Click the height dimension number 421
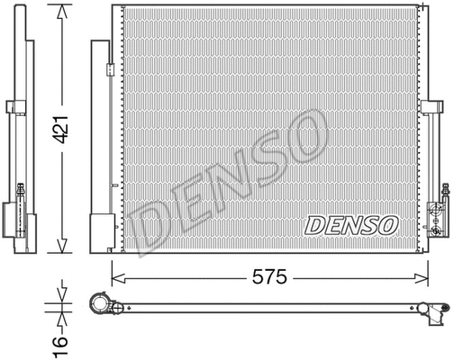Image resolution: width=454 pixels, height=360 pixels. (60, 136)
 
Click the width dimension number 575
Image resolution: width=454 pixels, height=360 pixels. (270, 278)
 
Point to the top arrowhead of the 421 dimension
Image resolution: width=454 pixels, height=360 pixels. (59, 10)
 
